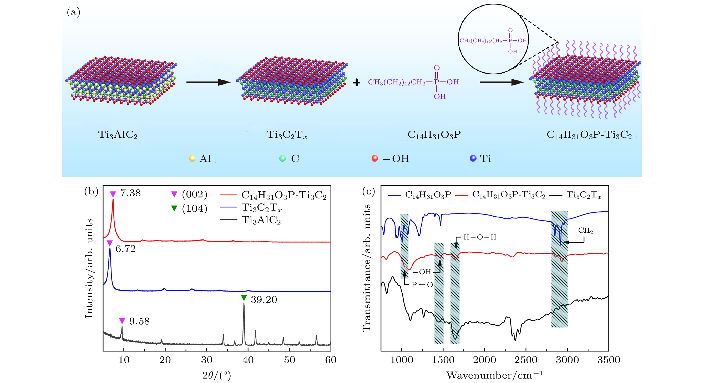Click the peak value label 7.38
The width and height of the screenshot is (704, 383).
pos(130,193)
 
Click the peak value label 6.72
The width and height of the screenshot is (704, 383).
pos(125,249)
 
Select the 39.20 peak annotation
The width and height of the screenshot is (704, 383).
pos(264,300)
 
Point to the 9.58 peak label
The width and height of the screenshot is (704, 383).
pos(139,321)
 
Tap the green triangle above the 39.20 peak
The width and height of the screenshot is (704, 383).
pos(244,298)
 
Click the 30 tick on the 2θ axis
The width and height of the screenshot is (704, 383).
pos(207,360)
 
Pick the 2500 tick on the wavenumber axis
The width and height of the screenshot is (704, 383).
pos(526,360)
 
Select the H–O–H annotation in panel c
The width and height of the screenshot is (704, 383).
pos(480,237)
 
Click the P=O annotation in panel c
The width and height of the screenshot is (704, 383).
pos(422,285)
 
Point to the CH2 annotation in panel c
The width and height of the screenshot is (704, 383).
pos(585,231)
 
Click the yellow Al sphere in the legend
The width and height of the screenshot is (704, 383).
pos(192,159)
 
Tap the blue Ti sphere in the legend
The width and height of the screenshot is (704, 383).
pos(473,159)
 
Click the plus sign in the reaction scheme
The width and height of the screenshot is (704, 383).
pos(356,83)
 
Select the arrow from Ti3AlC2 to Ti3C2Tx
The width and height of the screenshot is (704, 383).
pos(208,82)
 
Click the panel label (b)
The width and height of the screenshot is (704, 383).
pos(91,191)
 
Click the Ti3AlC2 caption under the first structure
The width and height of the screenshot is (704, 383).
pos(118,135)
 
